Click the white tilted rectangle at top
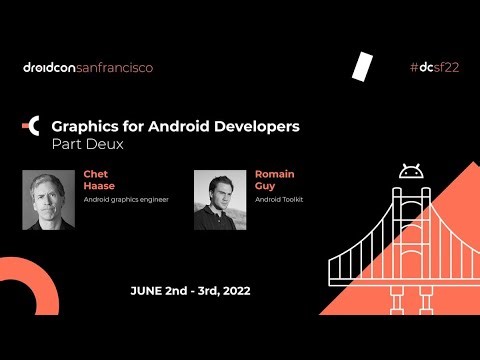362,65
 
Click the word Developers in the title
255,127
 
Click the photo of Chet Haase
48,200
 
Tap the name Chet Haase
95,180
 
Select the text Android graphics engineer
126,200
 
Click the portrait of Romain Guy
220,200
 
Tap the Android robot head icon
408,172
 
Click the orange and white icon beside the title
31,127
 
